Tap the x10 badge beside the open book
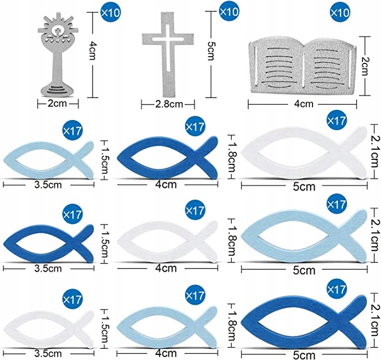click(338, 12)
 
